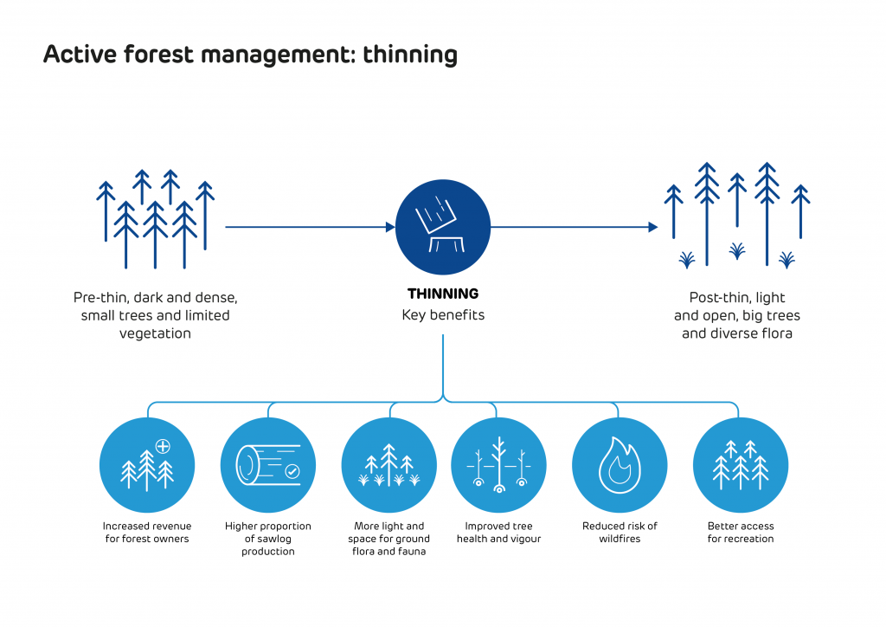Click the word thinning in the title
(x=409, y=55)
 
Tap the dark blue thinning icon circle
(x=443, y=227)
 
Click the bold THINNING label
(x=443, y=294)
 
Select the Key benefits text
(x=443, y=315)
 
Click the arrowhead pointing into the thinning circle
(x=390, y=227)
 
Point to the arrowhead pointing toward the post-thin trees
(x=653, y=227)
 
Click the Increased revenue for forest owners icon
(x=147, y=465)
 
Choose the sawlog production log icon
(x=268, y=465)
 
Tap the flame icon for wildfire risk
(x=620, y=465)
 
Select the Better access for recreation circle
(x=741, y=465)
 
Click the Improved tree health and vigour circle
(x=498, y=465)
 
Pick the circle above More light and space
(x=389, y=465)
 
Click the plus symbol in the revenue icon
(x=162, y=446)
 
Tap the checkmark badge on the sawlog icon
(x=292, y=472)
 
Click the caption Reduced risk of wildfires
(x=620, y=533)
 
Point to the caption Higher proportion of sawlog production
(x=268, y=539)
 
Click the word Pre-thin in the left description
(x=100, y=298)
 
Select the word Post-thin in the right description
(x=718, y=298)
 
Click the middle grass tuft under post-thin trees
(x=737, y=251)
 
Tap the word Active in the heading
(x=74, y=55)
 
